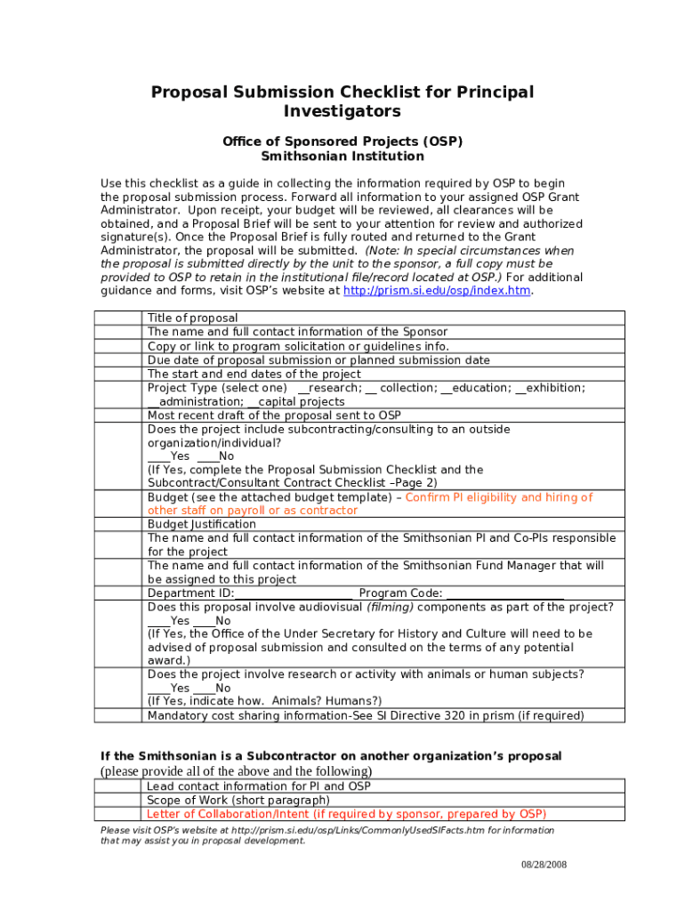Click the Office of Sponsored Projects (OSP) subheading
pyautogui.click(x=342, y=141)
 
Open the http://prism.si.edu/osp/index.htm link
pyautogui.click(x=437, y=291)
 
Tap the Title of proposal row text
pyautogui.click(x=193, y=318)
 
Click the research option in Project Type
pyautogui.click(x=330, y=388)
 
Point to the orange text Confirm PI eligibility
pyautogui.click(x=498, y=497)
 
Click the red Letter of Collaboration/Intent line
pyautogui.click(x=346, y=814)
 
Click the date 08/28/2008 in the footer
pyautogui.click(x=544, y=865)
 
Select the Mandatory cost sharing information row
pyautogui.click(x=366, y=715)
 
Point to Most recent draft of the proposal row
pyautogui.click(x=274, y=415)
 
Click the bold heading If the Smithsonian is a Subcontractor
pyautogui.click(x=330, y=756)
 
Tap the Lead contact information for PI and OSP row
pyautogui.click(x=259, y=786)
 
